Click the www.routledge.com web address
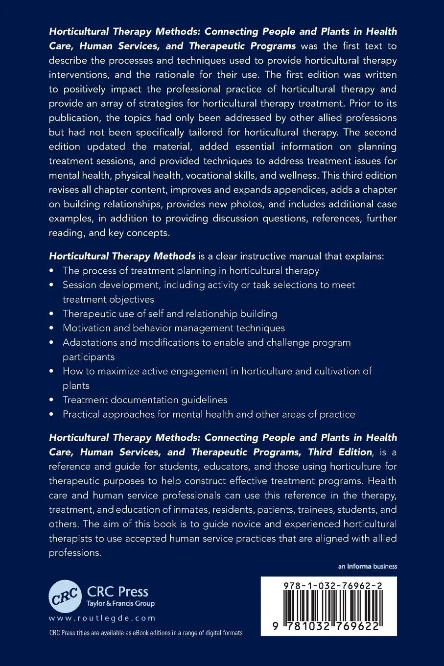click(102, 618)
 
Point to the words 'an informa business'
click(367, 567)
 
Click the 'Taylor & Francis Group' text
click(120, 603)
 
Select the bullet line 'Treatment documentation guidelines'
click(145, 400)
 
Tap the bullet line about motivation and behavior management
click(174, 328)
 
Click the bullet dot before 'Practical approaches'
click(52, 414)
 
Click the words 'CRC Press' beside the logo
click(117, 592)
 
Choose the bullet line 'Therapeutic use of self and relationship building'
click(170, 313)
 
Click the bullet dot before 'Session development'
click(52, 285)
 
